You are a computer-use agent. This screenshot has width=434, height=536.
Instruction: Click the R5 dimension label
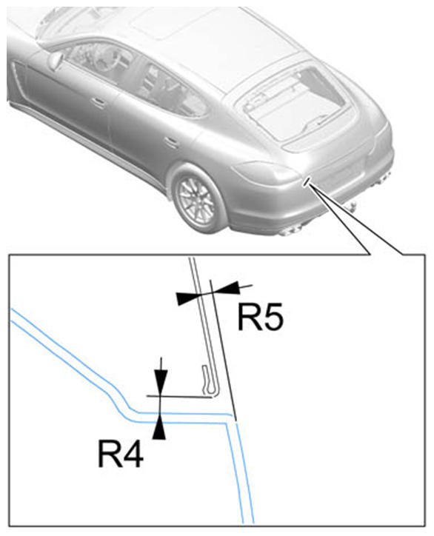point(261,317)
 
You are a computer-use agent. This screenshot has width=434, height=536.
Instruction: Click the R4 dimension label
point(121,454)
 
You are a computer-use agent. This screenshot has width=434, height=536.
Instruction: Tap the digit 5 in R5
point(273,317)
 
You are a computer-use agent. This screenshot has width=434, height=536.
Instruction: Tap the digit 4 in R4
point(133,454)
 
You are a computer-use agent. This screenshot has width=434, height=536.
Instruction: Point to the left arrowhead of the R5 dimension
point(187,298)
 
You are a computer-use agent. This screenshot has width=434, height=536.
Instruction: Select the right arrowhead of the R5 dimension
point(227,288)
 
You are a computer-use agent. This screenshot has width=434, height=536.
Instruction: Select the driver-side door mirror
point(56,61)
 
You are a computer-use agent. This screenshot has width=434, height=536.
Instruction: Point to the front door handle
point(99,102)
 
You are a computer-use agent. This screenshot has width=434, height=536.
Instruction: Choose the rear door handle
point(171,142)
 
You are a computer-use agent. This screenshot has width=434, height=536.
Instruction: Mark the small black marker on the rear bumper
point(307,181)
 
